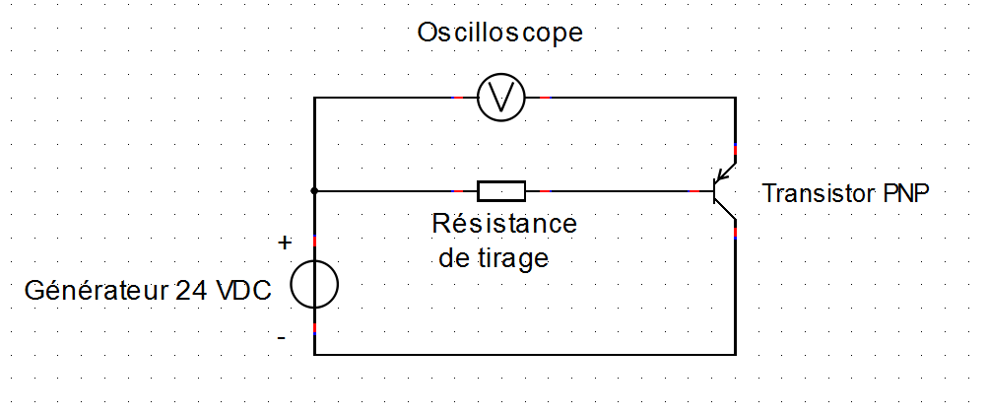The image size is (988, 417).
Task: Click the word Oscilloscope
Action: [x=499, y=34]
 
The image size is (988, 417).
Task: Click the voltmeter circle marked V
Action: [x=500, y=98]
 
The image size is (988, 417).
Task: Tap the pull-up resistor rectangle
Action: [x=501, y=189]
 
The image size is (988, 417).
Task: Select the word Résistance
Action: [x=504, y=224]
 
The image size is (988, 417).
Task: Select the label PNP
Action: [x=902, y=194]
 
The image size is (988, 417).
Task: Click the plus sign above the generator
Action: [x=286, y=243]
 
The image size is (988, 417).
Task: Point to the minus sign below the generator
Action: [x=283, y=338]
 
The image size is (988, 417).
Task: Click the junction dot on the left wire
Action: [x=314, y=189]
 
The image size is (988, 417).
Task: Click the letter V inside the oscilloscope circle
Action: [x=500, y=98]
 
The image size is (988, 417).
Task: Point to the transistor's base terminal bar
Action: [x=714, y=189]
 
